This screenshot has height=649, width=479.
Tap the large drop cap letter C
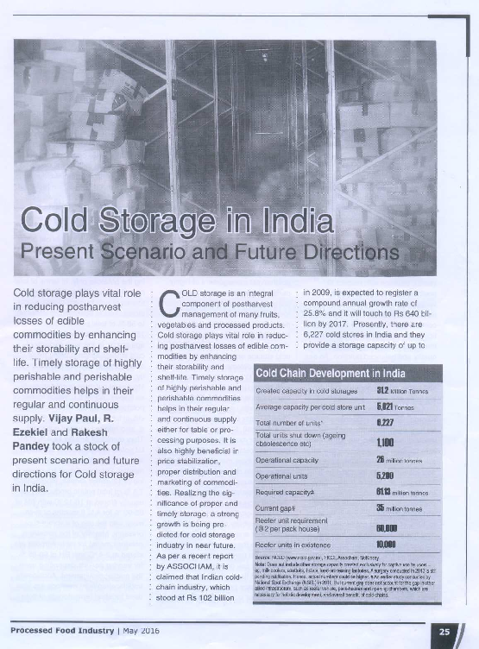(x=170, y=302)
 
